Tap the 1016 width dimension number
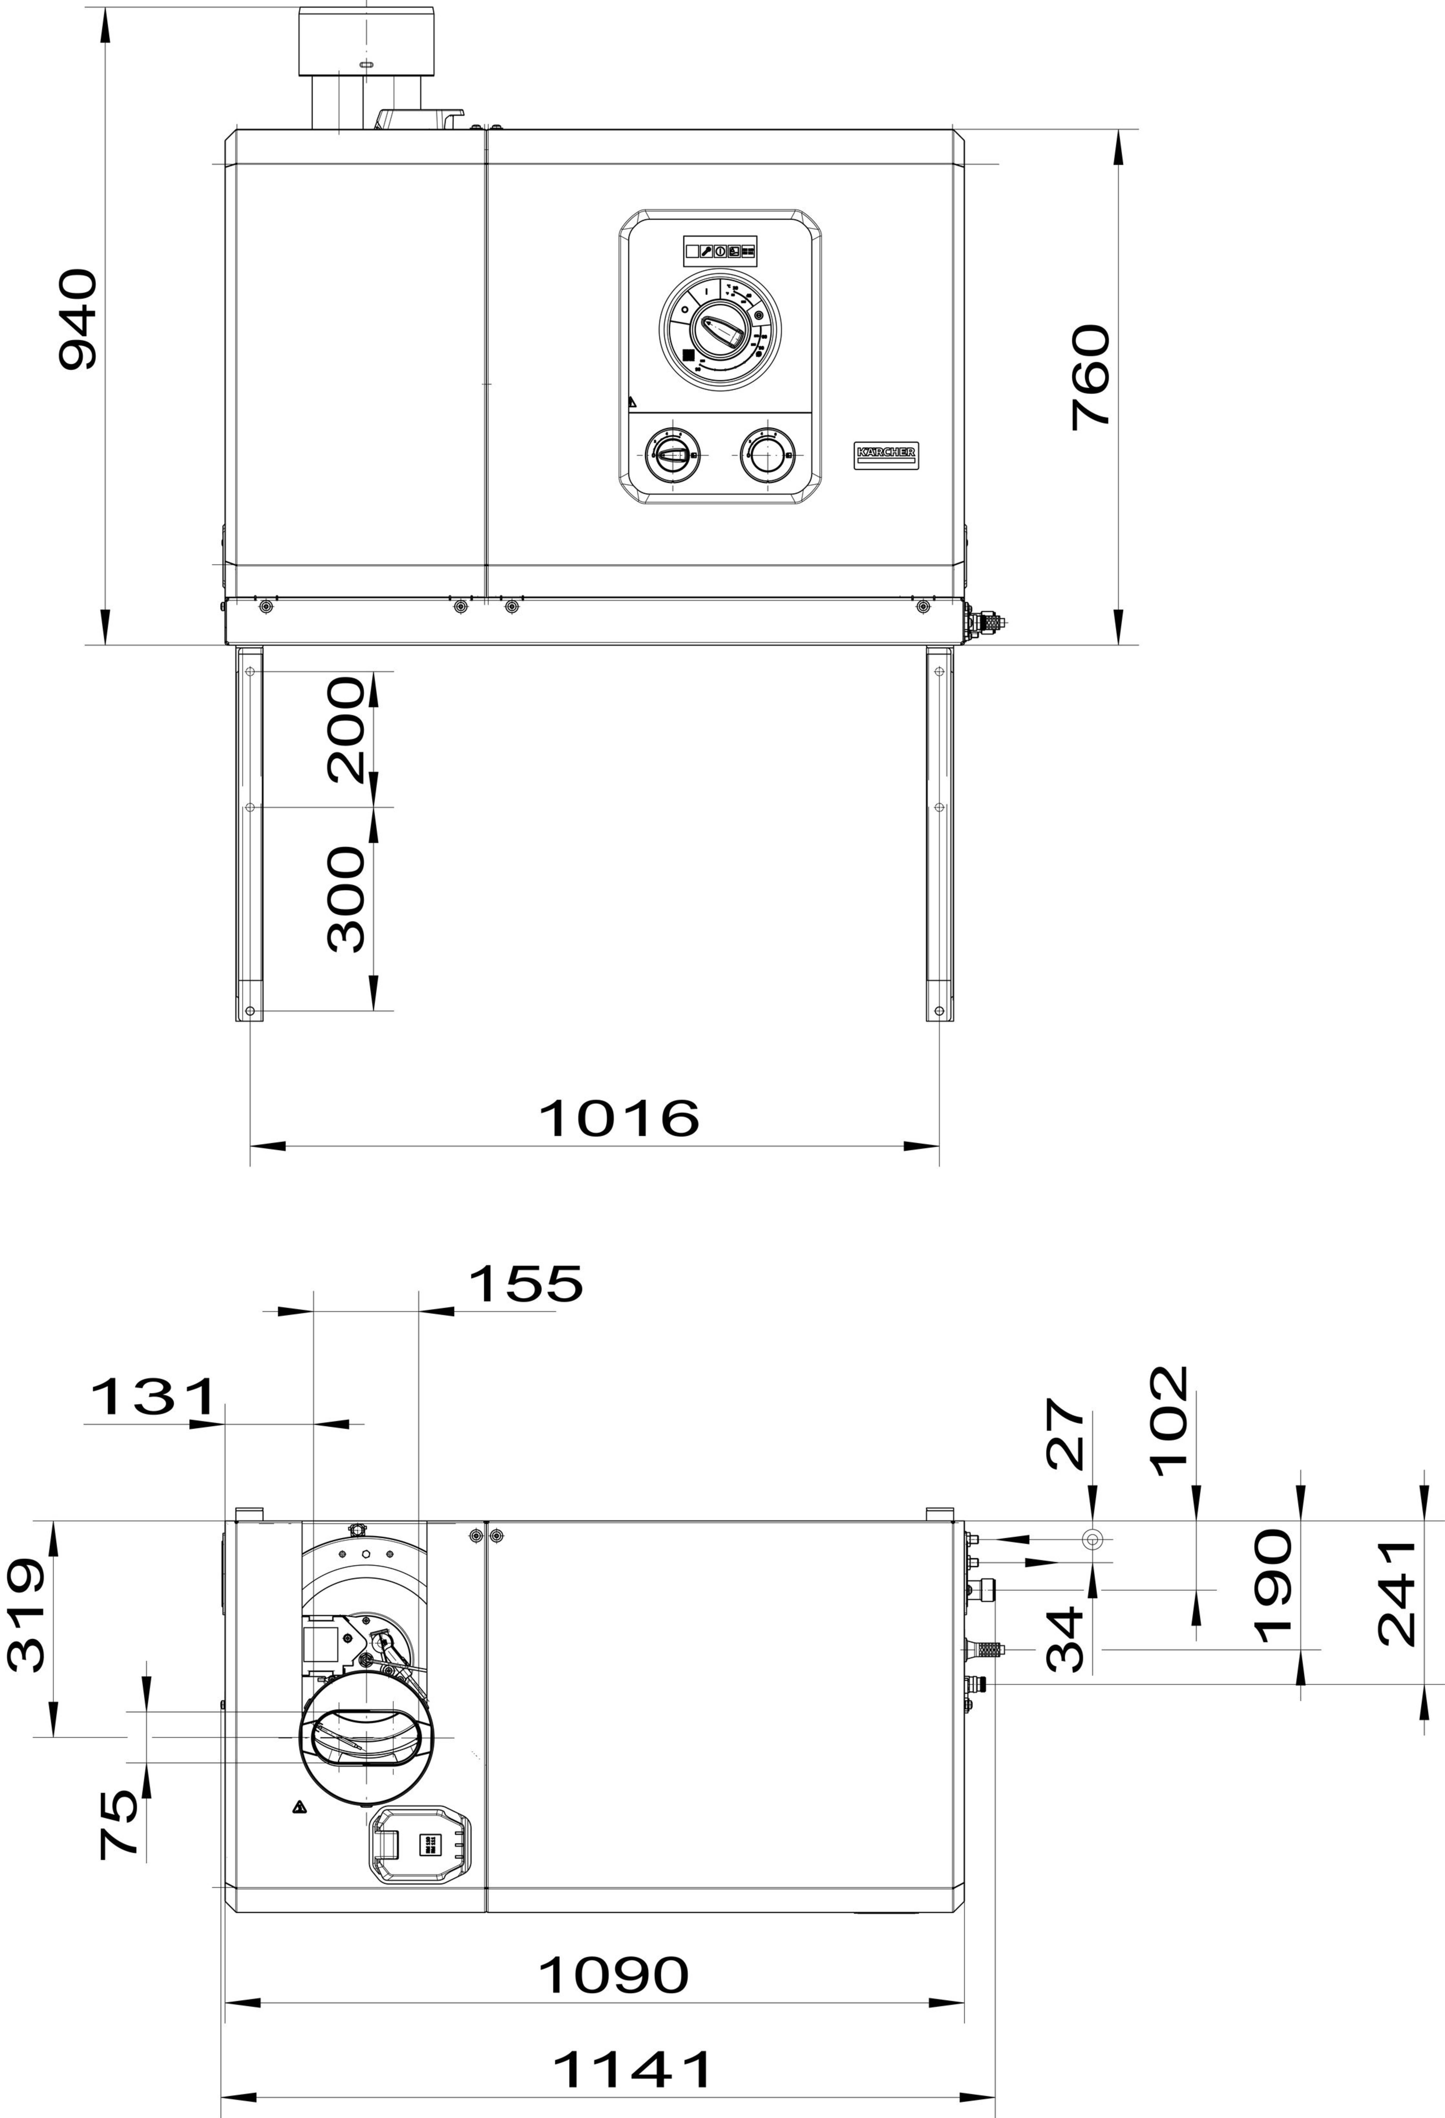(x=620, y=1118)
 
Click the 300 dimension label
(x=345, y=899)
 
